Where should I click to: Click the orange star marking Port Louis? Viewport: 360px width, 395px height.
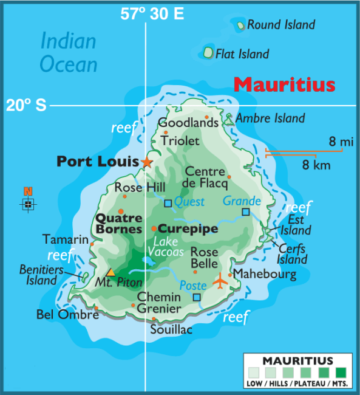147,162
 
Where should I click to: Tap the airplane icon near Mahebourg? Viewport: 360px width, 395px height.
220,281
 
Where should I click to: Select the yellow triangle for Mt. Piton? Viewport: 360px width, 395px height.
110,272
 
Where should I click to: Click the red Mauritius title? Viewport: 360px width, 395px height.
284,84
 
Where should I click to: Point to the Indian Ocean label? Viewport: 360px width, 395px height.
68,52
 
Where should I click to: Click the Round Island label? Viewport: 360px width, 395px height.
280,25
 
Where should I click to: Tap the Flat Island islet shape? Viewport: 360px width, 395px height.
208,53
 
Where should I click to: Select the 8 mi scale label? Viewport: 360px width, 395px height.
341,142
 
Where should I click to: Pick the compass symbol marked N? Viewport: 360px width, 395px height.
28,203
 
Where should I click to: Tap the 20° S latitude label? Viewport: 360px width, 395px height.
26,105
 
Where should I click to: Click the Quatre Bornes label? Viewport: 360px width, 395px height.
118,223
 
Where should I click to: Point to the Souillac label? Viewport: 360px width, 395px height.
171,330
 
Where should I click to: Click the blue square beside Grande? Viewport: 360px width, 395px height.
245,212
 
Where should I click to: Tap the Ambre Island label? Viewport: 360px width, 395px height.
270,118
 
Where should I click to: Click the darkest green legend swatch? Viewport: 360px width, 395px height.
341,372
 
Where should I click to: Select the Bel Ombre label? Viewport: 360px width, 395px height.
67,315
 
